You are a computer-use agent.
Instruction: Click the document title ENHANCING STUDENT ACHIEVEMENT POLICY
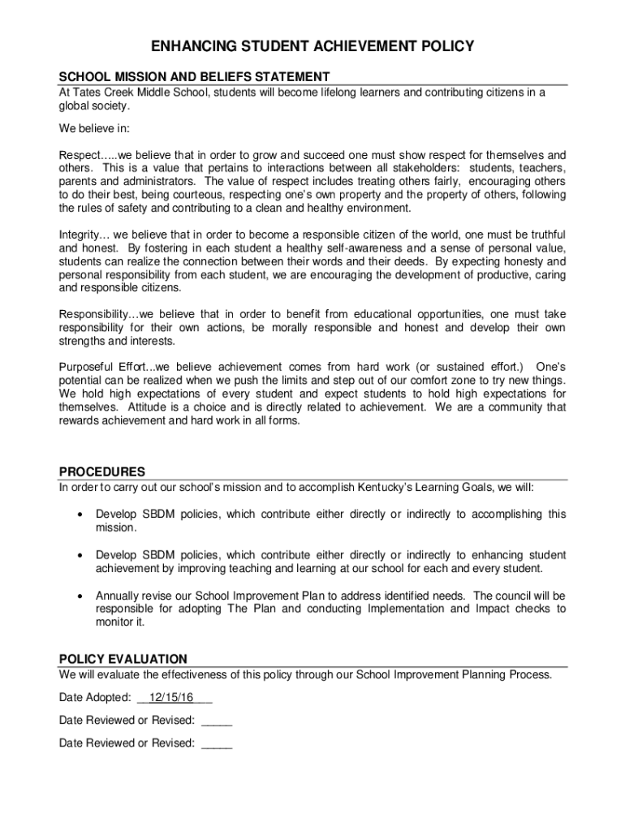coord(312,47)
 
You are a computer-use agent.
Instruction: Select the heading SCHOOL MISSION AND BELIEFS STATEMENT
coord(194,77)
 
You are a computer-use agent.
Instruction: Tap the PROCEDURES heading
coord(102,471)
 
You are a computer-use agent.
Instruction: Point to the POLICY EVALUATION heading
coord(123,659)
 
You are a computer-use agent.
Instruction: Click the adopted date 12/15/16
coord(166,697)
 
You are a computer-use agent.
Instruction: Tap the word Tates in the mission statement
coord(88,93)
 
